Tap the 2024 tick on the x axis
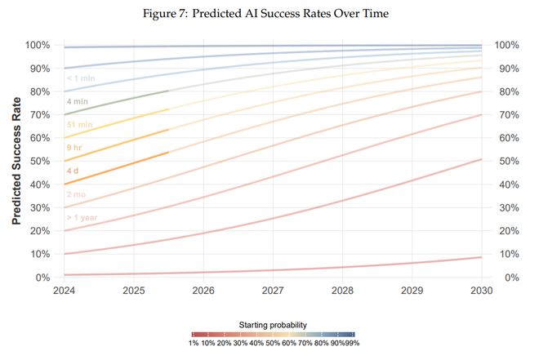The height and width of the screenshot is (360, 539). pyautogui.click(x=64, y=290)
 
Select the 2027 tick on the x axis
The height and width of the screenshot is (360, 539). pyautogui.click(x=273, y=290)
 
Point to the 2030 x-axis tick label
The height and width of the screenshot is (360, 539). pyautogui.click(x=481, y=290)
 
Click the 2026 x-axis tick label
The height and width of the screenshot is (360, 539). pyautogui.click(x=203, y=290)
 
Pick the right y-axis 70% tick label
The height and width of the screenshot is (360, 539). pyautogui.click(x=507, y=115)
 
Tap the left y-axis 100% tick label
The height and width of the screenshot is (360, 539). pyautogui.click(x=37, y=46)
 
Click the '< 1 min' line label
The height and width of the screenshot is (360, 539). pyautogui.click(x=82, y=79)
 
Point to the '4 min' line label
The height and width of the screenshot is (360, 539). pyautogui.click(x=77, y=103)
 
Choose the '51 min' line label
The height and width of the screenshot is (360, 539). pyautogui.click(x=79, y=126)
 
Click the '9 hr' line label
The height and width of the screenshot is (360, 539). pyautogui.click(x=75, y=149)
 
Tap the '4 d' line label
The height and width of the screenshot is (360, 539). pyautogui.click(x=73, y=172)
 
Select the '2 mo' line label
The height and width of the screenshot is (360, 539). pyautogui.click(x=77, y=196)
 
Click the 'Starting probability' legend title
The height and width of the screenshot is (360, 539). pyautogui.click(x=273, y=324)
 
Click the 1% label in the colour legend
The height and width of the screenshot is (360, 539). pyautogui.click(x=194, y=344)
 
